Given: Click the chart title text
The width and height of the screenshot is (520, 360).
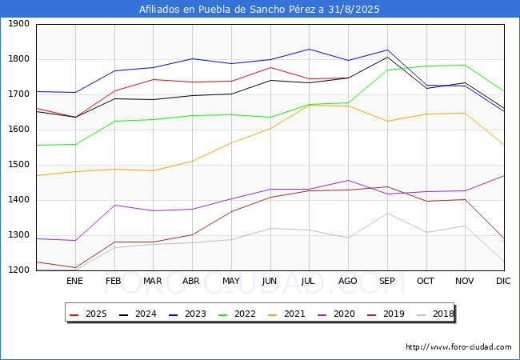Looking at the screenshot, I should (x=259, y=10).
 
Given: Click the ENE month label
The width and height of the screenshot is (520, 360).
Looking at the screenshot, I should (x=74, y=281).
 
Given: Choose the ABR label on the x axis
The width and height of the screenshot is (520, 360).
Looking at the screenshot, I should (x=192, y=281).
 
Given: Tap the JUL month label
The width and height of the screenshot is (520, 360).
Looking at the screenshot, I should (x=309, y=281).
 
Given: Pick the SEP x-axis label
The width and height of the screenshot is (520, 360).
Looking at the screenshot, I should (x=387, y=281).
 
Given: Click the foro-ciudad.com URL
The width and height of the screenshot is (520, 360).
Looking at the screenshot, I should (x=458, y=347).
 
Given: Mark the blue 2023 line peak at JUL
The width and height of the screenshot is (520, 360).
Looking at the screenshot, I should (x=309, y=50).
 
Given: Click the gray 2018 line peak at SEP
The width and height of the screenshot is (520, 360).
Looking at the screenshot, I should (x=387, y=213).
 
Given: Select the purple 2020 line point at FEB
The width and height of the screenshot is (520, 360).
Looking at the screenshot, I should (x=114, y=205).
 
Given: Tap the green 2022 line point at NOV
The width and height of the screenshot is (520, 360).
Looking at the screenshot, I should (x=465, y=66).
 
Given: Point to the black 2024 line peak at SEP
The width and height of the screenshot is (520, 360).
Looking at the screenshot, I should (x=387, y=57).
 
